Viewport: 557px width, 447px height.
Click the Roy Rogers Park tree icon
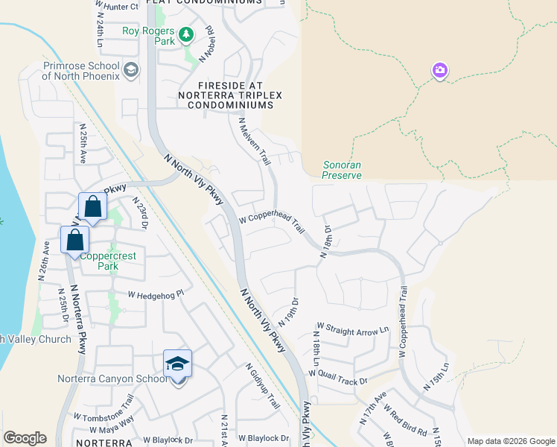(x=185, y=34)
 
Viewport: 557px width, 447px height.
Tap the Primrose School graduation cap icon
(x=131, y=71)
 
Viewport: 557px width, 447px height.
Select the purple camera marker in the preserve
(x=439, y=71)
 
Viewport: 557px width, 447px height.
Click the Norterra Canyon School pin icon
(x=178, y=365)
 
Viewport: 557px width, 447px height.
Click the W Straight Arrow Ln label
(x=353, y=328)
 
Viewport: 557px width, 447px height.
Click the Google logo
(x=25, y=438)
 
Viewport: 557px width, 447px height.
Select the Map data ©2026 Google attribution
(x=511, y=441)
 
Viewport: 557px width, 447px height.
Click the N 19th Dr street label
(x=287, y=311)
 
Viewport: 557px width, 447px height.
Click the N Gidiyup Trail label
(x=263, y=386)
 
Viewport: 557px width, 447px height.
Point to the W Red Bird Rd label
(x=405, y=421)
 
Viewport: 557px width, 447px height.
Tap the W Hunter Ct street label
(x=118, y=7)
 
